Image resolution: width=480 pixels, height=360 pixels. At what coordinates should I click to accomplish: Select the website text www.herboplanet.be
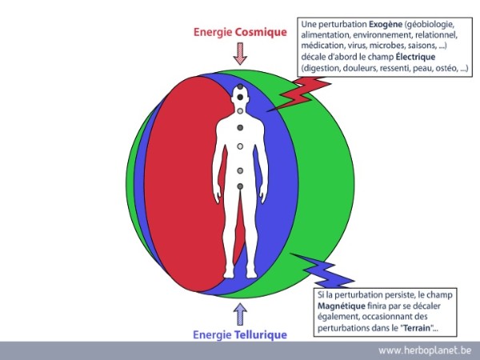tap(424, 350)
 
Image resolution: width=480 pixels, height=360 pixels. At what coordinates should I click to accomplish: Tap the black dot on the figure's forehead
tap(239, 97)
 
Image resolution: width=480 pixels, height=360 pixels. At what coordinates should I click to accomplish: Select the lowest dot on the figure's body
tap(240, 187)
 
